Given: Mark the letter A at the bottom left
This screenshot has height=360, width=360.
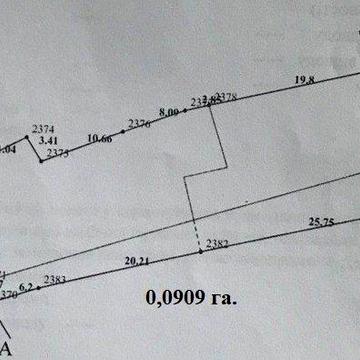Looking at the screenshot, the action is [x=6, y=347].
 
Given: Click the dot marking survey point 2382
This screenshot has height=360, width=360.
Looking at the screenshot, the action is [x=200, y=251].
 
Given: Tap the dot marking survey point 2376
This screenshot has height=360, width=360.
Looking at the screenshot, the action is [x=123, y=131].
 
